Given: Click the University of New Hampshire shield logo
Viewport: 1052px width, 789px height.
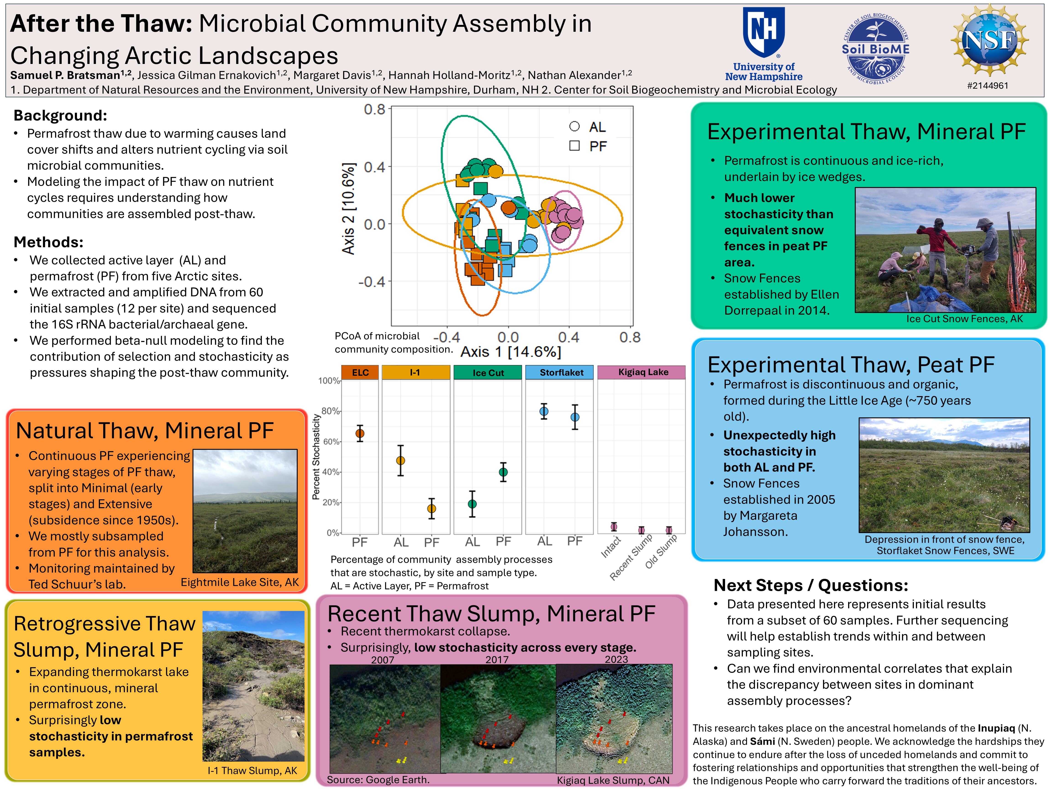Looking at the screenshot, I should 764,32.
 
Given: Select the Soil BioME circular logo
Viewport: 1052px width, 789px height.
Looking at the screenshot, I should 876,49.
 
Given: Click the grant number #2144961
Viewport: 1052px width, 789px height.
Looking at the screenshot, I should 988,86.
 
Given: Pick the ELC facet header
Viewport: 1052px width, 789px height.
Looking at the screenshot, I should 360,372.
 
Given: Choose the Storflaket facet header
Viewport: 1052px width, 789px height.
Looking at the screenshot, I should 561,372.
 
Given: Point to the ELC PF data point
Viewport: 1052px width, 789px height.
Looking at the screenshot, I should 360,433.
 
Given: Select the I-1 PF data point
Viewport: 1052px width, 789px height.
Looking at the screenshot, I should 431,508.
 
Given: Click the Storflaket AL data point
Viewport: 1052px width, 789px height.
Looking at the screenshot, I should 544,411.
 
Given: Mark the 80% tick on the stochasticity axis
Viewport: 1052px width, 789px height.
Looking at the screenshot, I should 331,411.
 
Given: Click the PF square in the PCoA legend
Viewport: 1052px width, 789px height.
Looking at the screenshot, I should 574,145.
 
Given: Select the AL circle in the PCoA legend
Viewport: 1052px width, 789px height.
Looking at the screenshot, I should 574,126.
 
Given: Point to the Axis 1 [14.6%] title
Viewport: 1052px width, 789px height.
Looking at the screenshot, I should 511,352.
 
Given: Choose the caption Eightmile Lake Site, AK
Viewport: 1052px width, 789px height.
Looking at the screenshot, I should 240,582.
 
